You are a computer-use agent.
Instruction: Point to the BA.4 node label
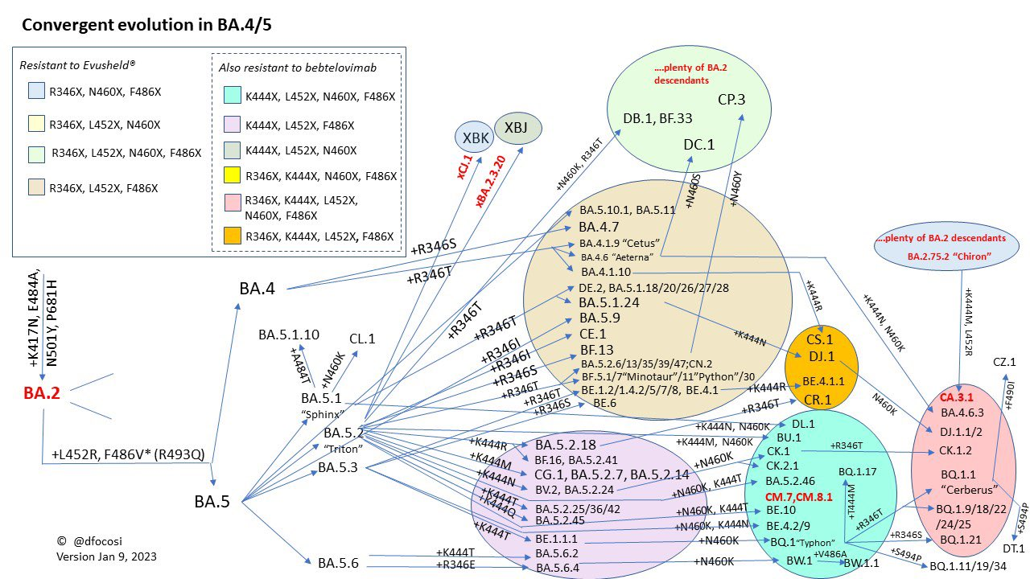point(257,288)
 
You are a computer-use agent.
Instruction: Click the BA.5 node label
point(212,502)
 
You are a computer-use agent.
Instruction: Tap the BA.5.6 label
point(338,563)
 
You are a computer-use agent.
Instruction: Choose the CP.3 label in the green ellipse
point(731,100)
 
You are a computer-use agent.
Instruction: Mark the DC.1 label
point(699,145)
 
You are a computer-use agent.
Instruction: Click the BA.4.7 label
point(599,227)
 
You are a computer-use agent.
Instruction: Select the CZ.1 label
point(1004,363)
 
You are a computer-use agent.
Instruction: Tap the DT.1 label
point(1013,548)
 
